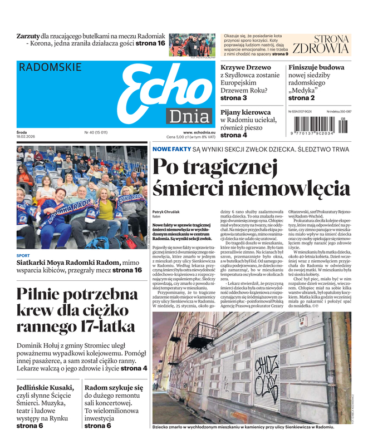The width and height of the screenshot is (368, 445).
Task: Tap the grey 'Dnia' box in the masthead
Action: pos(187,116)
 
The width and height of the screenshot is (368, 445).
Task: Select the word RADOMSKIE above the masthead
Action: pos(50,67)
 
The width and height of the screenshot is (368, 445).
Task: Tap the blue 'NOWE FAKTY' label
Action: pos(171,150)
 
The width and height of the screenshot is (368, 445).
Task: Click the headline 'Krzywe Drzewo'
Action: pos(246,67)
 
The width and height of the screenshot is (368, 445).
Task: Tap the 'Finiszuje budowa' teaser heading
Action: pos(316,67)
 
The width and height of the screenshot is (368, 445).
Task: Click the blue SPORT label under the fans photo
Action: pos(23,256)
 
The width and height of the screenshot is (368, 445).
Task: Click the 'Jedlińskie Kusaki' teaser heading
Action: pos(45,388)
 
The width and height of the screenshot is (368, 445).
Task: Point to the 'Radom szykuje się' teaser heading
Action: pos(114,388)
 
